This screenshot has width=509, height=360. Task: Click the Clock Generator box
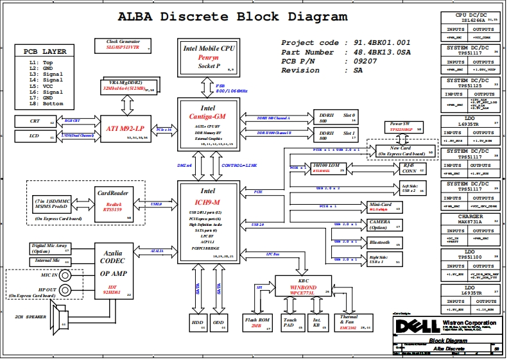tap(128, 45)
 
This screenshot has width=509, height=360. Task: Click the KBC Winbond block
tap(303, 285)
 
